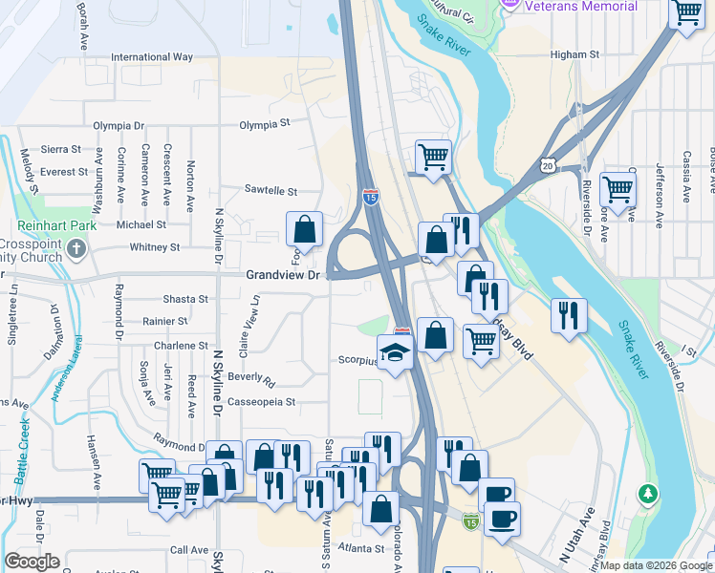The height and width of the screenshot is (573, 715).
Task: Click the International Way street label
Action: tap(152, 57)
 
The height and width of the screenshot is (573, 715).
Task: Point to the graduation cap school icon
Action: tap(394, 352)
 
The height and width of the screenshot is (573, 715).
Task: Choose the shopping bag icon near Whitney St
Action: tap(304, 229)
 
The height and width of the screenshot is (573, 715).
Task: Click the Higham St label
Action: tap(574, 55)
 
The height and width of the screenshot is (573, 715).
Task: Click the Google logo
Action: tap(32, 562)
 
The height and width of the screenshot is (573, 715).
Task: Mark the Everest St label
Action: tap(64, 172)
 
